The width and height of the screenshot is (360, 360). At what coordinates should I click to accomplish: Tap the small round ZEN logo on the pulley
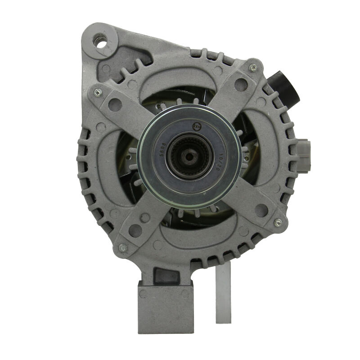tap(197, 126)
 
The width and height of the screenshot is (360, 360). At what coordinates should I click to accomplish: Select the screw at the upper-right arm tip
tap(253, 67)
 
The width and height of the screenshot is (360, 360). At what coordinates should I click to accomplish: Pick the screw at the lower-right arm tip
tap(278, 222)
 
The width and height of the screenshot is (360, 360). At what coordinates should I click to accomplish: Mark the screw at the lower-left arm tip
tap(122, 247)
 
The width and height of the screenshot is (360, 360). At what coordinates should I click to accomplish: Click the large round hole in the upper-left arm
tap(115, 105)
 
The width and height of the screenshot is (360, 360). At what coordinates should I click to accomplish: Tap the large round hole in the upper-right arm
tap(241, 84)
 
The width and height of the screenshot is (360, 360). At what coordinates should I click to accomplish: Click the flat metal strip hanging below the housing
tap(223, 292)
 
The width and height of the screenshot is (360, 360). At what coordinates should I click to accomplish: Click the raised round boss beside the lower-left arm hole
tap(145, 218)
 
